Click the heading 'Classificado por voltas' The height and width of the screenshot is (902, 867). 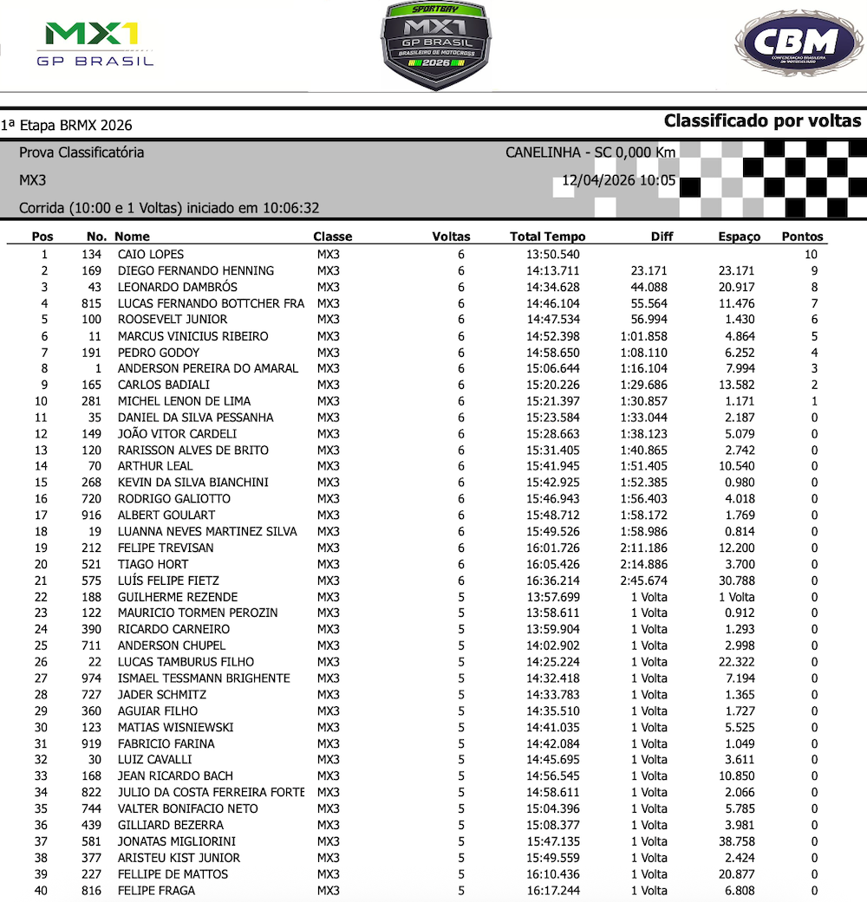762,121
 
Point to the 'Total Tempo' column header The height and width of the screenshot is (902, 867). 547,237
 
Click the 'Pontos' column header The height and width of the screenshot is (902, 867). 802,237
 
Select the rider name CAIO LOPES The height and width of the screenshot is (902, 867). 151,255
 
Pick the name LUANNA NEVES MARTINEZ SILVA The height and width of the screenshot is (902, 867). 207,531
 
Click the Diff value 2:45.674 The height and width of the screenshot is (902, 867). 643,581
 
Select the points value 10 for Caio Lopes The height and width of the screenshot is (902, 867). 810,255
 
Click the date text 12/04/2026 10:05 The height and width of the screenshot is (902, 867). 618,182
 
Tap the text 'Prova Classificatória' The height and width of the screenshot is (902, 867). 81,152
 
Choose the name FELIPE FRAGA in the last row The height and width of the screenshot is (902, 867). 156,891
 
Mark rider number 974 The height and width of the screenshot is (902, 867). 91,678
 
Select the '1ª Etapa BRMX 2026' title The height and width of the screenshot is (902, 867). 67,126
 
